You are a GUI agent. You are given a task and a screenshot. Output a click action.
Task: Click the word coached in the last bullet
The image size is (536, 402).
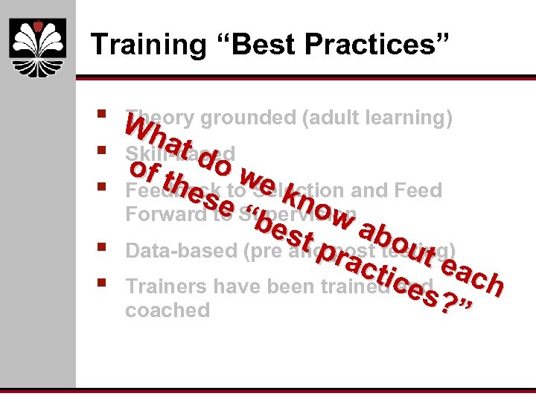click(167, 310)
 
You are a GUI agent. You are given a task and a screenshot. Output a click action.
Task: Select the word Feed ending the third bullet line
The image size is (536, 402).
click(420, 191)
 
